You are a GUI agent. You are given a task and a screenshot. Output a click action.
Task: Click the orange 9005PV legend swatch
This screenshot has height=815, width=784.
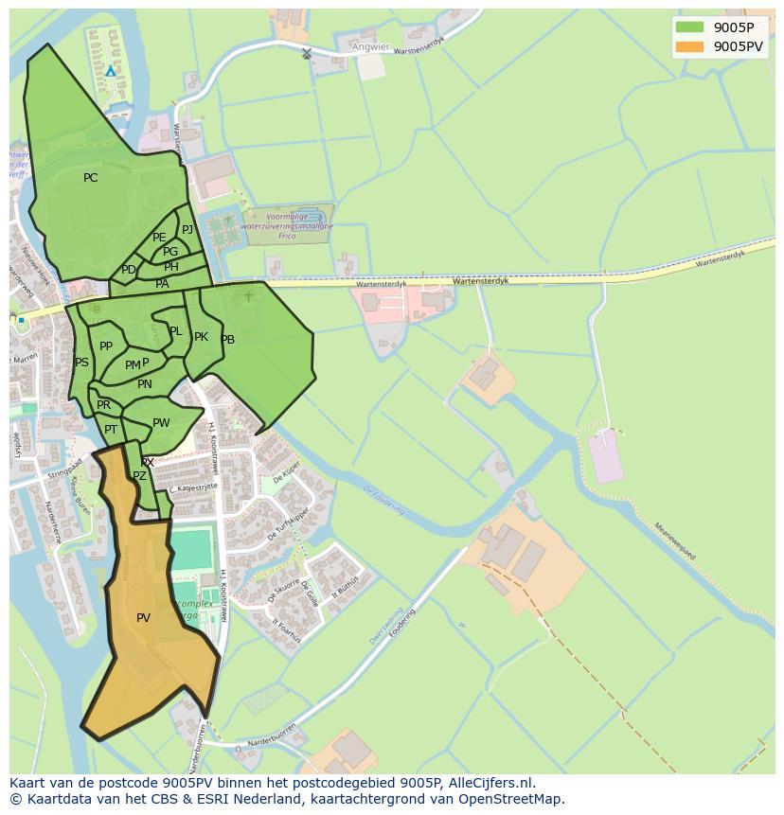[691, 46]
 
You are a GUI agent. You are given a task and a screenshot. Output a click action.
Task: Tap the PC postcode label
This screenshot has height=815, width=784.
[91, 178]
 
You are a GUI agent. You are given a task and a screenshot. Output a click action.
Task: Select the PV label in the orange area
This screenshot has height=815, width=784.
[143, 618]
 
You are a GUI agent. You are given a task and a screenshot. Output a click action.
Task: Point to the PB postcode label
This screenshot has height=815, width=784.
[227, 340]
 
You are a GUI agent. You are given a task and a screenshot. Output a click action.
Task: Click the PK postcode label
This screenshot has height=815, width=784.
[201, 337]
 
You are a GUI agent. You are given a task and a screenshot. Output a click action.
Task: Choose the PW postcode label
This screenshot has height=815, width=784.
[161, 423]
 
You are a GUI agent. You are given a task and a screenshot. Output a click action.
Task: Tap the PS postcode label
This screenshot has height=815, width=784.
[81, 363]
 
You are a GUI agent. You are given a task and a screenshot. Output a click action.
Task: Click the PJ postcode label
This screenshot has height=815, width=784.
[187, 229]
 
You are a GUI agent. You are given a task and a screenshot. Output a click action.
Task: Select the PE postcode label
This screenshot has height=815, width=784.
[159, 238]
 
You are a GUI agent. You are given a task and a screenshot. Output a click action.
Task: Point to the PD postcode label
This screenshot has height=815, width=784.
[129, 270]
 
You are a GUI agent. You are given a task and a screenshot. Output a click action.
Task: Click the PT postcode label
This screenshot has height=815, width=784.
[111, 430]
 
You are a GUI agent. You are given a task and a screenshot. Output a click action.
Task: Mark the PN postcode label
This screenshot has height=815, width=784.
[144, 384]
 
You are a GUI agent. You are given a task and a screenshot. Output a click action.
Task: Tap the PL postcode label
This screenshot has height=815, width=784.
[175, 331]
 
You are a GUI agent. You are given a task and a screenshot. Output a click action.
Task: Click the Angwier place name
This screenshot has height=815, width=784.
[369, 45]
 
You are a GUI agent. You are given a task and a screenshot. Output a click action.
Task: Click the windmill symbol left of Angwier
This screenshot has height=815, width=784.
[306, 54]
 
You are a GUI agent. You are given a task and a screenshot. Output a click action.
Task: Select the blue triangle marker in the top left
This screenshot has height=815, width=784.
[111, 71]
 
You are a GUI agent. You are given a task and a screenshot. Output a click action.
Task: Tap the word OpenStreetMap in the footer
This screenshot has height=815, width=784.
[516, 799]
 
